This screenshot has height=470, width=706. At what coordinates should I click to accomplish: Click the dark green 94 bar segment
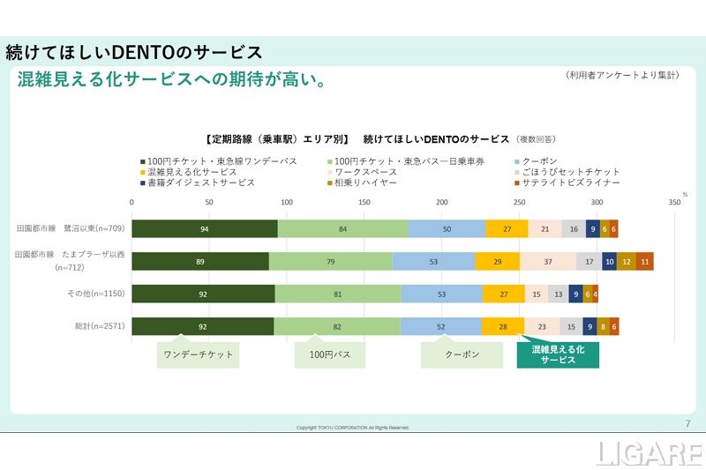tap(205, 229)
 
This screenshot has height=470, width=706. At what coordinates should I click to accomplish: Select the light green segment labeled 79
tap(330, 262)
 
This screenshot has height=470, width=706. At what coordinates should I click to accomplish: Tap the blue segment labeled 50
tap(447, 229)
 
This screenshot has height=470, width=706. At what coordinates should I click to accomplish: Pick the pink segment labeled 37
tap(547, 262)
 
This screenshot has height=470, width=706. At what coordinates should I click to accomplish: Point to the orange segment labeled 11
tap(645, 262)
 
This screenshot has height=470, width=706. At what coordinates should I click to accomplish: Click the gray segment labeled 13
tap(558, 295)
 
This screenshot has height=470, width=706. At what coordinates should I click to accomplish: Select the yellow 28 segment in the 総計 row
tap(503, 327)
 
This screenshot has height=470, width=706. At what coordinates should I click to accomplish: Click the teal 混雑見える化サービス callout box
tap(558, 355)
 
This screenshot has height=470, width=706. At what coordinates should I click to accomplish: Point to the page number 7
tap(687, 424)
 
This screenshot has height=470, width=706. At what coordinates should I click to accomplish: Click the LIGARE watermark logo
tap(650, 453)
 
